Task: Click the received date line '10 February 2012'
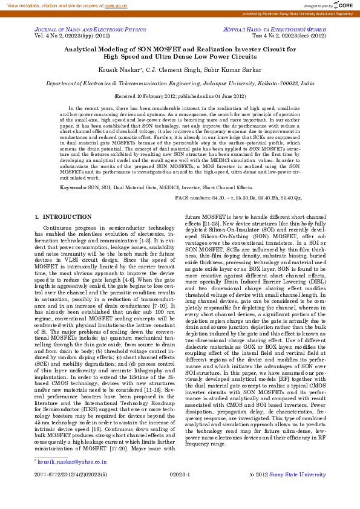(180, 96)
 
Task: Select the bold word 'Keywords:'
(73, 188)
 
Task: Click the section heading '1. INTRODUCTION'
(54, 216)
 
